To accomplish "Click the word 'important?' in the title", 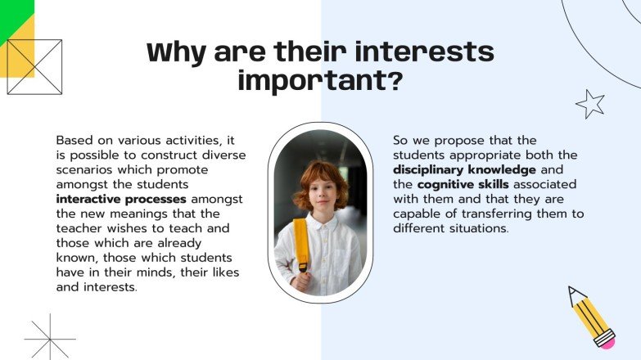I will point(320,81).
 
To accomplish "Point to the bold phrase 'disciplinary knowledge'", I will point(464,169).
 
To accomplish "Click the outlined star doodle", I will point(589,104).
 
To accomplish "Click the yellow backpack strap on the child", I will point(301,244).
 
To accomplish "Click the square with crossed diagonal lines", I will point(34,66).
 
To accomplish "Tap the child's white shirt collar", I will point(321,223).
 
